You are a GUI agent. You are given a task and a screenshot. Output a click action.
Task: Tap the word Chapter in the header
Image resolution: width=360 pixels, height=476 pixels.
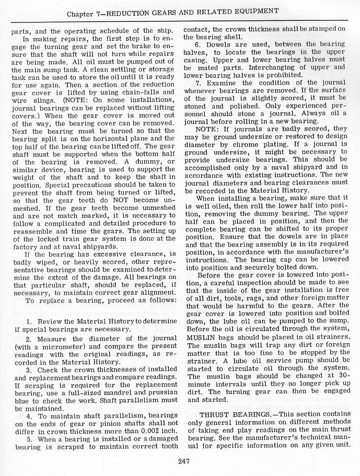(87, 10)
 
